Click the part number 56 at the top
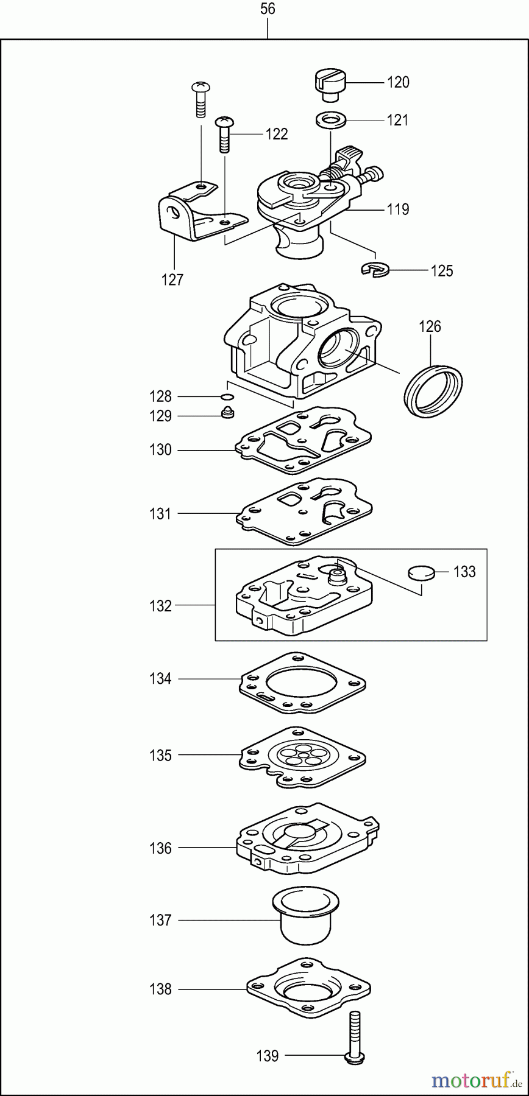[267, 9]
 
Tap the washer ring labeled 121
[330, 119]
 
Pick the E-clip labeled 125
[374, 269]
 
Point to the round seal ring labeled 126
[433, 390]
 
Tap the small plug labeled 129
[228, 414]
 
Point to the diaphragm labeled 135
[303, 756]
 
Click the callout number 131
[160, 513]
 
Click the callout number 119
[398, 209]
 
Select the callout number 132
[160, 606]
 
